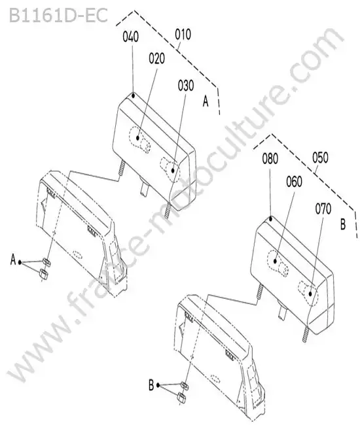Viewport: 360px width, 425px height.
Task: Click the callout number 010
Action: pos(183,35)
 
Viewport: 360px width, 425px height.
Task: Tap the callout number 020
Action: pos(157,59)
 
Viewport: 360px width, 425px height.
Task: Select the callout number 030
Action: pos(186,86)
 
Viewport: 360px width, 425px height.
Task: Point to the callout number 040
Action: pos(131,37)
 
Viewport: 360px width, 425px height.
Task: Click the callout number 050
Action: pos(320,158)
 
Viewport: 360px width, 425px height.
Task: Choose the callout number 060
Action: pos(294,182)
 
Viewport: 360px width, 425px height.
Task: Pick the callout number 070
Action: pos(323,209)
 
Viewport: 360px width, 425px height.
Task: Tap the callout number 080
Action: pos(270,159)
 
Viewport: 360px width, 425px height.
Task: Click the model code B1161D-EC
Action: pos(58,16)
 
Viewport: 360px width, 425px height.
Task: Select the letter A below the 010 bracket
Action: pos(206,101)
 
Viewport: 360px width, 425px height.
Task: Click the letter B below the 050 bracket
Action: pos(343,225)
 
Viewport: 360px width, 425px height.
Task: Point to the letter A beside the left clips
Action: pos(13,260)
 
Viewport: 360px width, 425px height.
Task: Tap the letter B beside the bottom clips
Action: pos(151,385)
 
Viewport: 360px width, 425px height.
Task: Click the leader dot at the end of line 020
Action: pos(138,138)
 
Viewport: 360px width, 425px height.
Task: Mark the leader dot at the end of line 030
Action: pos(173,171)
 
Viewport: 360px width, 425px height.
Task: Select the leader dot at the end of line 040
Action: pos(134,95)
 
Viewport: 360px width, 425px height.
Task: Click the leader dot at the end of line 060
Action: pos(275,261)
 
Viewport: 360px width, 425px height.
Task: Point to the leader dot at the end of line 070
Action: pos(310,294)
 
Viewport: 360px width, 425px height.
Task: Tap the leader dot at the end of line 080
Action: pos(270,218)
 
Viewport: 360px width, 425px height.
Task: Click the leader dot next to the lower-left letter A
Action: pos(20,262)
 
